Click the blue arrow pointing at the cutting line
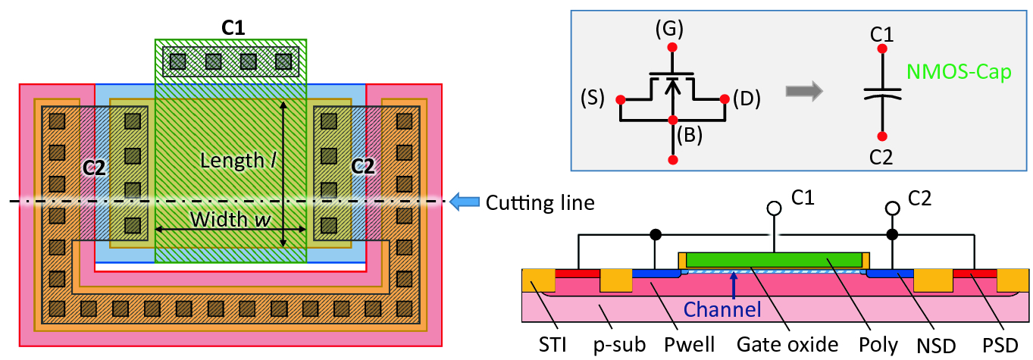464,202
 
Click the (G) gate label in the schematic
670,30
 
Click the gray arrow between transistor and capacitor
803,91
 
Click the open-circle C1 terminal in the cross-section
775,208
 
